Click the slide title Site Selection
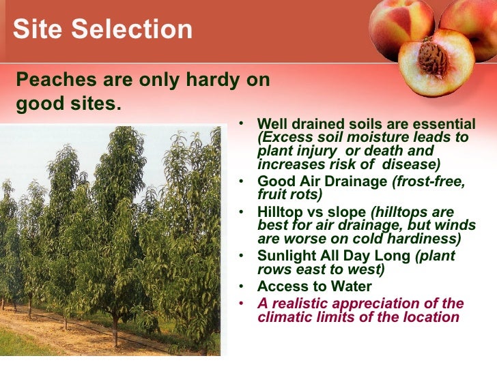103,29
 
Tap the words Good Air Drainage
322,181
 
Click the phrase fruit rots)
287,194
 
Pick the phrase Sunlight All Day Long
335,256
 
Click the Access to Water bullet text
314,286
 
